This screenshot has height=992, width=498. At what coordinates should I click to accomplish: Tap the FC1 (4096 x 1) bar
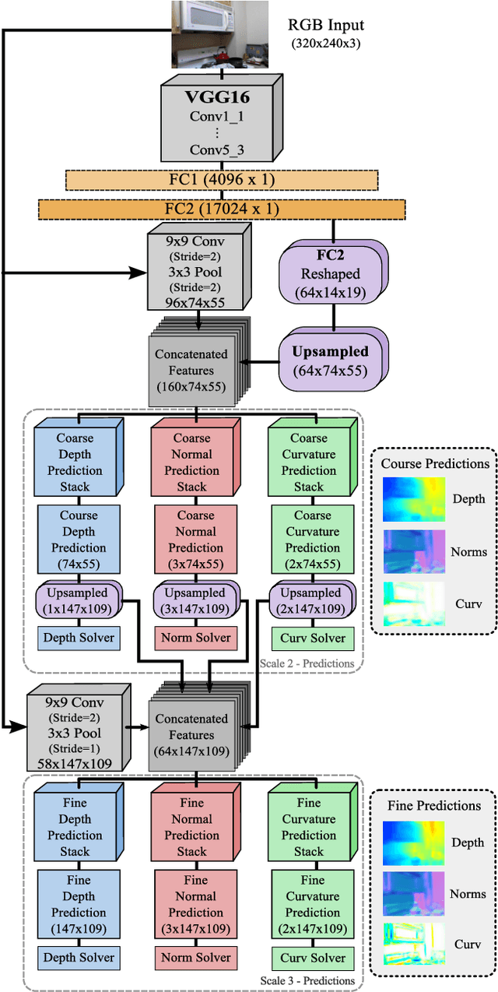pyautogui.click(x=222, y=180)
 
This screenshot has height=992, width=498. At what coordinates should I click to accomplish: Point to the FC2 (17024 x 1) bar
pyautogui.click(x=222, y=209)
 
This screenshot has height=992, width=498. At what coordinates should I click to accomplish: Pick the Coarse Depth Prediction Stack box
pyautogui.click(x=75, y=462)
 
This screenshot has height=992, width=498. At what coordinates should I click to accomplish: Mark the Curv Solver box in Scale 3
pyautogui.click(x=312, y=958)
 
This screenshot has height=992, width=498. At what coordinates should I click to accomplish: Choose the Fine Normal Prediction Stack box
pyautogui.click(x=191, y=826)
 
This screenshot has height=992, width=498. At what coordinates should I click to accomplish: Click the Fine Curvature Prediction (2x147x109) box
pyautogui.click(x=312, y=904)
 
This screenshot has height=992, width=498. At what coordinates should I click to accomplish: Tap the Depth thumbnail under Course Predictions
pyautogui.click(x=413, y=499)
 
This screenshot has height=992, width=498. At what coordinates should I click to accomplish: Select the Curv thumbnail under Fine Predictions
pyautogui.click(x=413, y=944)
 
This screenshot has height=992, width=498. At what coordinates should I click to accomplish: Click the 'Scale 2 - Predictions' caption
pyautogui.click(x=308, y=663)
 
